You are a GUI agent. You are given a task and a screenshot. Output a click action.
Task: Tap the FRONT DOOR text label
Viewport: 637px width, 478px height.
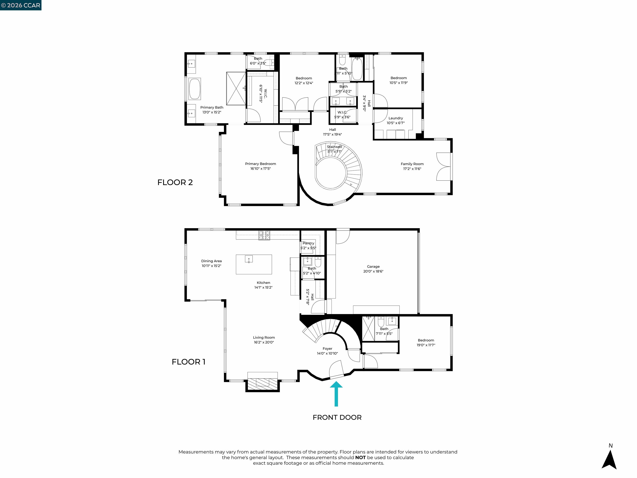point(337,417)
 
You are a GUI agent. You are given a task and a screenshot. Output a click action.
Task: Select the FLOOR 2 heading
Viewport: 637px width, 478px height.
point(175,182)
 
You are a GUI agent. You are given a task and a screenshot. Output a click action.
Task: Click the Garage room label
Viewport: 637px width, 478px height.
point(373,267)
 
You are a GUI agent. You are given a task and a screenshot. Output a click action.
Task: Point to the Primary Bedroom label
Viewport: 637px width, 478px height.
point(260,164)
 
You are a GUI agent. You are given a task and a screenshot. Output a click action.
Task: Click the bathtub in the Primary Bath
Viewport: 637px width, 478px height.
point(195,89)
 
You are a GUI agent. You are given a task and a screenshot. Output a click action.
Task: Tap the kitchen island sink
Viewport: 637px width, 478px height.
point(249,259)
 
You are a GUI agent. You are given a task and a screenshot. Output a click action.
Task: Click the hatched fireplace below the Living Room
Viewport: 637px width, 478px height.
point(262,383)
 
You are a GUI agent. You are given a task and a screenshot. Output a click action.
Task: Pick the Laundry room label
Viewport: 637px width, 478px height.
point(395,118)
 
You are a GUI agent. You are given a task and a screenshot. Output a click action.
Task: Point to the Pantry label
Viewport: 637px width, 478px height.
point(308,243)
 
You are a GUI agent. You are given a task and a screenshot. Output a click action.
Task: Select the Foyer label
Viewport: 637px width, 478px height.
point(327,349)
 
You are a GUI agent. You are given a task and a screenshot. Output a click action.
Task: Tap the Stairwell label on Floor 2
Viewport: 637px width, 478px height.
point(334,147)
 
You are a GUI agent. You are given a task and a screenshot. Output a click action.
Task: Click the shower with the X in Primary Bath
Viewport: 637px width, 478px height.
point(236,88)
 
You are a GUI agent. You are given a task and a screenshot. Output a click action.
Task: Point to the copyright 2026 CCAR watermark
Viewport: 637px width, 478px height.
point(21,5)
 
